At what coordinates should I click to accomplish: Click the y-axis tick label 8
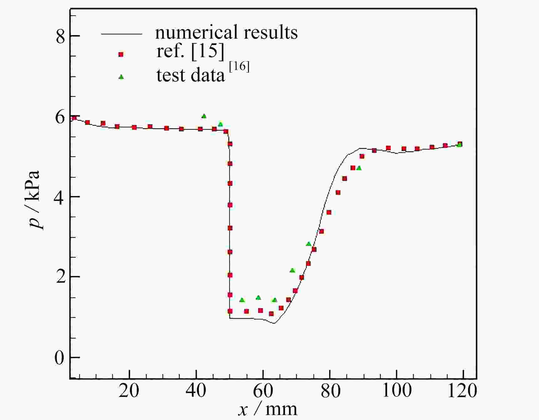(60, 36)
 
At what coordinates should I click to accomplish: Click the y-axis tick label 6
(60, 118)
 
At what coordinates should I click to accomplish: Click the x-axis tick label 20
(129, 391)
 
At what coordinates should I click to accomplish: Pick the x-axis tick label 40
(196, 391)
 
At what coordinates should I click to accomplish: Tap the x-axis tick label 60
(263, 391)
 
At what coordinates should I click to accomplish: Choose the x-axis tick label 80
(330, 391)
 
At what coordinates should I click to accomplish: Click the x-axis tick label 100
(397, 391)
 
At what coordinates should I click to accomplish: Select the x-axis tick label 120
(462, 391)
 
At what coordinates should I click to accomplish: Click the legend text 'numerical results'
(226, 32)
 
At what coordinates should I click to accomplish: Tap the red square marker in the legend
(121, 54)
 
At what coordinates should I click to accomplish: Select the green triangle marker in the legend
(121, 77)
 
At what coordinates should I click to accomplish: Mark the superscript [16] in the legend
(239, 67)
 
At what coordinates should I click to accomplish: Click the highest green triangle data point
(204, 116)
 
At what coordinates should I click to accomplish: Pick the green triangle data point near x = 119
(459, 144)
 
